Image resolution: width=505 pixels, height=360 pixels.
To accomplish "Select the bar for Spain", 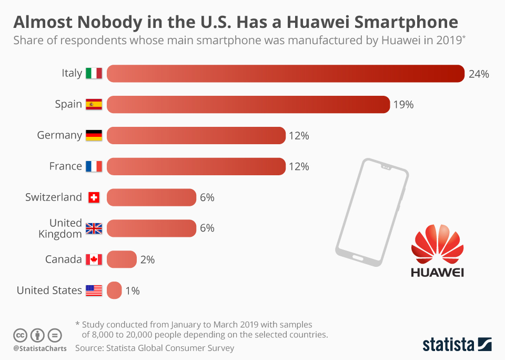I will (248, 104).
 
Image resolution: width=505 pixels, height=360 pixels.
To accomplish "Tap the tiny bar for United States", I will (114, 291).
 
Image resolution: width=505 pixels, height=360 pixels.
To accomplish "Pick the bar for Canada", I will (122, 259).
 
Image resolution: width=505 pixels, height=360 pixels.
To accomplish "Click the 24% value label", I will (479, 74).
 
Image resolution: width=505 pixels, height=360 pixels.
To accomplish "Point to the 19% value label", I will (403, 105).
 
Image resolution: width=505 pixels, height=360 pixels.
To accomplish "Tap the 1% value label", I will (133, 291).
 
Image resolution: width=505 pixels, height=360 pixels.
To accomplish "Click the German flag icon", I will (94, 135).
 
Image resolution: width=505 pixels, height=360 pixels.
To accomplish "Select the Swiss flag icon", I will (94, 197).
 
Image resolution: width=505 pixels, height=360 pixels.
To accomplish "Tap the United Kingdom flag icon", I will (94, 228).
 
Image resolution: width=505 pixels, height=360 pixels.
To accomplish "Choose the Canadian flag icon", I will (94, 259).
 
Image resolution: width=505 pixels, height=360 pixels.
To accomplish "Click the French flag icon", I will (94, 166).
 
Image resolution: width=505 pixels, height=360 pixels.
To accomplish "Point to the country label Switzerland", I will (54, 197).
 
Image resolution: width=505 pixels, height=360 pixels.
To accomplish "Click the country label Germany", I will (59, 135).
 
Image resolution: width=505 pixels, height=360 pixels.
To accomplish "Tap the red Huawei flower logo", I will (437, 244).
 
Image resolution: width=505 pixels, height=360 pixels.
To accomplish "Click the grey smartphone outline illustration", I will (371, 211).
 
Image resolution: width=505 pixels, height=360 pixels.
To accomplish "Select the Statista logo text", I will (448, 345).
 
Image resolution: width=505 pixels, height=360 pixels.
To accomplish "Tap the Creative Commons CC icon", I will (20, 335).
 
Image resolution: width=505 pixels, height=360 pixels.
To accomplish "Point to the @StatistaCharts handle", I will (40, 348).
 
